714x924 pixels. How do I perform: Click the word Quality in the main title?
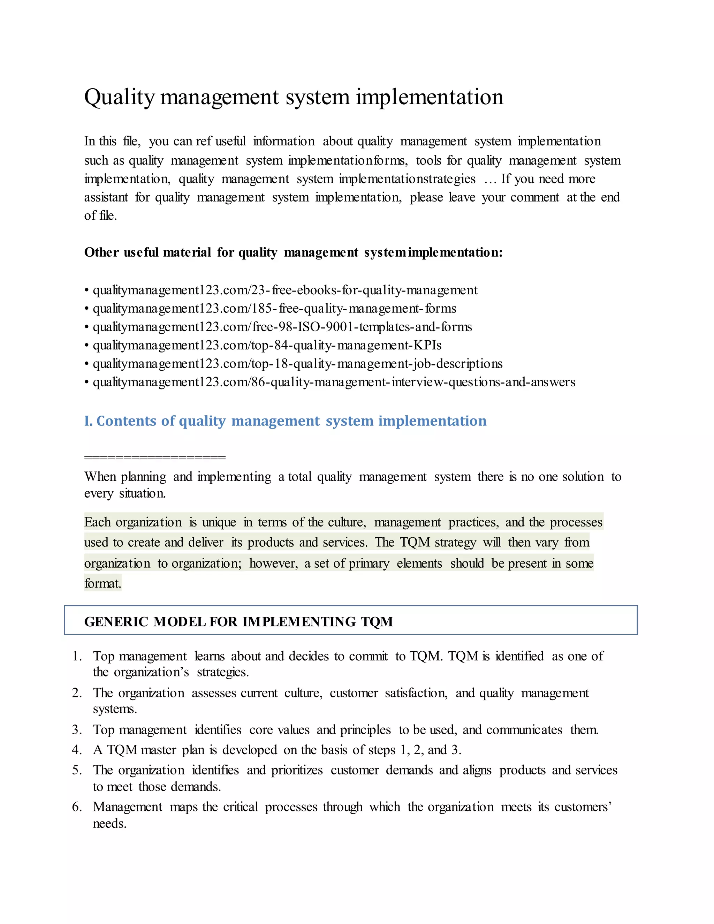(x=120, y=97)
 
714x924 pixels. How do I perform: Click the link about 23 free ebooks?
(x=285, y=290)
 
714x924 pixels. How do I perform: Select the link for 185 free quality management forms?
(x=274, y=309)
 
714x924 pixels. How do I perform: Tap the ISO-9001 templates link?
(x=282, y=327)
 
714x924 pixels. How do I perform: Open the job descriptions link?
(x=297, y=364)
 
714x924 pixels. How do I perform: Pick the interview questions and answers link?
(x=334, y=382)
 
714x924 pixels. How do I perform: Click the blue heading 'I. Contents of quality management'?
(x=285, y=421)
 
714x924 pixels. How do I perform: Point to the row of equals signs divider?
(x=155, y=457)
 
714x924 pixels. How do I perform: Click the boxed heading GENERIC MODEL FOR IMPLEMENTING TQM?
(x=238, y=621)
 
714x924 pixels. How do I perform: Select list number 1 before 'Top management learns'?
(x=77, y=656)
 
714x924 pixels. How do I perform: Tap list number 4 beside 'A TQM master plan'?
(x=77, y=750)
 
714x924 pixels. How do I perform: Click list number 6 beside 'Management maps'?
(x=77, y=807)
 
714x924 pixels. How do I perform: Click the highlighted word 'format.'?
(x=103, y=583)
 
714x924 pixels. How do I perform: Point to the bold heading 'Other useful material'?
(x=293, y=252)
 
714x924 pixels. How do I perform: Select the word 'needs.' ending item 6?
(x=109, y=824)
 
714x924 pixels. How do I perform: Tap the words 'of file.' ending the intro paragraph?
(x=100, y=216)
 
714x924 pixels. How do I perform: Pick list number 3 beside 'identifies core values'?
(x=77, y=730)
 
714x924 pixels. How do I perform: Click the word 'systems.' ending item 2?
(x=115, y=709)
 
